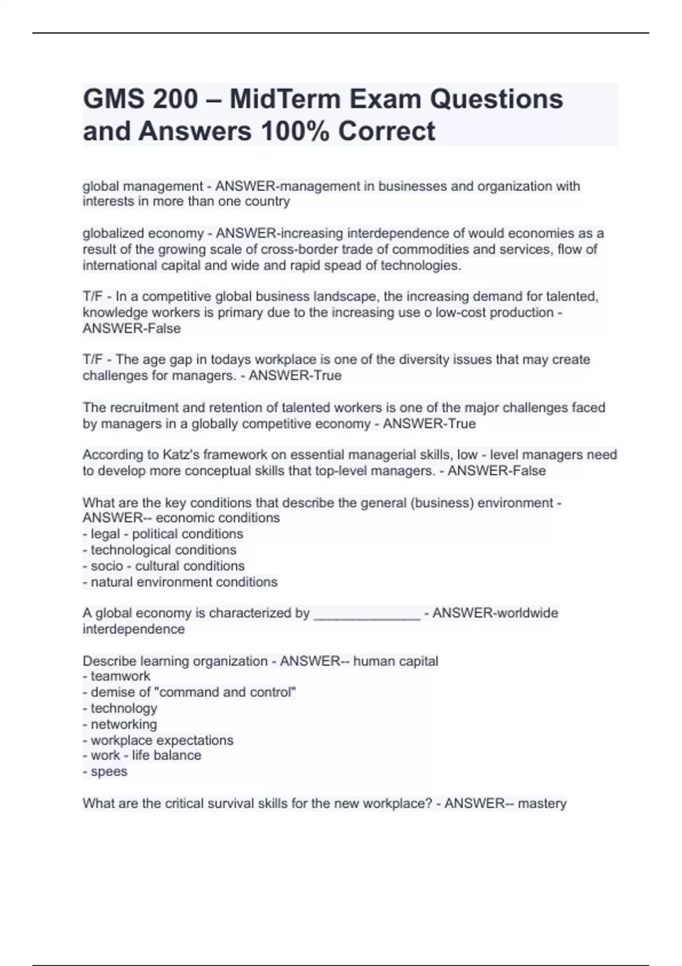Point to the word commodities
point(428,249)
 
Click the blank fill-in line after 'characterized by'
point(367,614)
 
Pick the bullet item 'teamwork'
point(120,676)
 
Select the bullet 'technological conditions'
point(163,550)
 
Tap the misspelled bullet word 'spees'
point(109,772)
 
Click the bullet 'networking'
point(123,724)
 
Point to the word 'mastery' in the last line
point(542,803)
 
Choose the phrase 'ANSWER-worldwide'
point(495,613)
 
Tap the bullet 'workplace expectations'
point(161,740)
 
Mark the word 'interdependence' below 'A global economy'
point(134,629)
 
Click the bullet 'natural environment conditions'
point(184,582)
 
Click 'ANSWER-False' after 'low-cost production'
point(132,328)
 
